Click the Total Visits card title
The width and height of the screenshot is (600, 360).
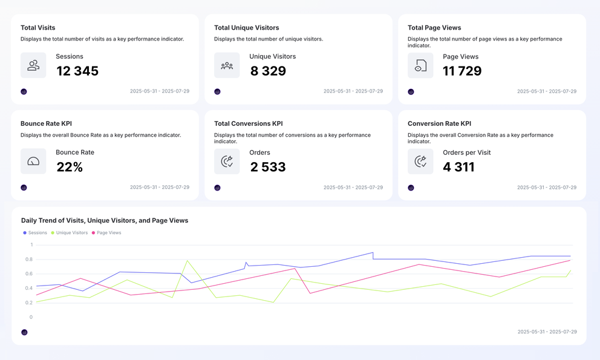(39, 28)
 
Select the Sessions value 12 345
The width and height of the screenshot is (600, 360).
(77, 71)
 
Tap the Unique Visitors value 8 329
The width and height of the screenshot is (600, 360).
(268, 71)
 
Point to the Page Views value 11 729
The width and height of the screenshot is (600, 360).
(462, 71)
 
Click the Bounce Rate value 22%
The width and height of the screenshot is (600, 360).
(70, 167)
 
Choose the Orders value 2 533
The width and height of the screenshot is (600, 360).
(268, 167)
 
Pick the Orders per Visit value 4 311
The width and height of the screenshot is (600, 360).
(458, 167)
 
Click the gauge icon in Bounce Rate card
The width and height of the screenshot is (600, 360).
(33, 162)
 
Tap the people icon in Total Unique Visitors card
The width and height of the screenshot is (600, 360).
(227, 65)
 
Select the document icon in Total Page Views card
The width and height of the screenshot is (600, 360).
(420, 65)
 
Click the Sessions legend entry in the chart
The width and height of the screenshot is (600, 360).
(35, 233)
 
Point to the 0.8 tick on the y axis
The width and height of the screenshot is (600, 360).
(28, 260)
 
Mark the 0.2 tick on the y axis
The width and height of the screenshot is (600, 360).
(28, 303)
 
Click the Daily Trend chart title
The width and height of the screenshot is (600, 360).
(105, 221)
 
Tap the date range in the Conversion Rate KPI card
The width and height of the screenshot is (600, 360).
(546, 188)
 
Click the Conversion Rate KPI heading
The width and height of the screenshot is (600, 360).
(439, 123)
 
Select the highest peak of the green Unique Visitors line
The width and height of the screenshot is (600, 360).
(187, 261)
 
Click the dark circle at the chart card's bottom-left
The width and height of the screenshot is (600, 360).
(24, 332)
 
